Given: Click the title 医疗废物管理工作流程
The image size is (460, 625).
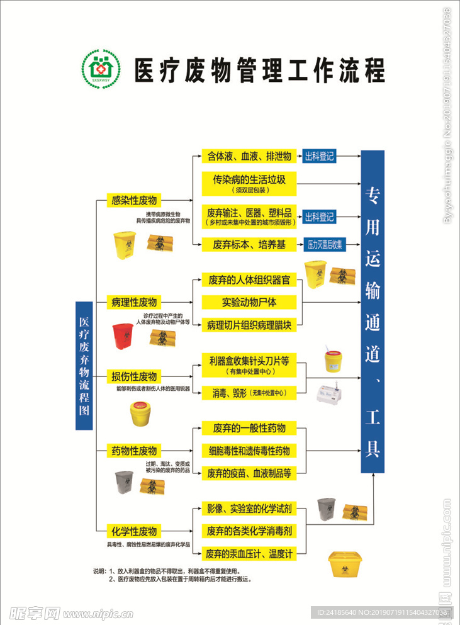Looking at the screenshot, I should [259, 68].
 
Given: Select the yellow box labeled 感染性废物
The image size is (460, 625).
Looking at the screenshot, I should [133, 201].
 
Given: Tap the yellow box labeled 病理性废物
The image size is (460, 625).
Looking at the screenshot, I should [133, 301].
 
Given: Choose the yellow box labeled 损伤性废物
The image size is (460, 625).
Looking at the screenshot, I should [133, 376].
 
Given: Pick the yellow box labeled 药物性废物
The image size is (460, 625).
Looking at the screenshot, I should [133, 451].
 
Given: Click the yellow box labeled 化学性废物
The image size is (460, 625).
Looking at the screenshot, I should [133, 531].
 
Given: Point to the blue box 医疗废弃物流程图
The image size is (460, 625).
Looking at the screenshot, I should [84, 366].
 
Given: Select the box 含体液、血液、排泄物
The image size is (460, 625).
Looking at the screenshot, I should [249, 156].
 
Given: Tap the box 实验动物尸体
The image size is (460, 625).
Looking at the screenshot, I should [249, 302].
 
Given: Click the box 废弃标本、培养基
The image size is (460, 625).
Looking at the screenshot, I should [249, 245].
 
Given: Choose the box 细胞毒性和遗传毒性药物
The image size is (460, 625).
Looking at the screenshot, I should [249, 451].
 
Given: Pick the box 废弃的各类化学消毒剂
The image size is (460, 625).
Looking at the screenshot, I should [249, 531].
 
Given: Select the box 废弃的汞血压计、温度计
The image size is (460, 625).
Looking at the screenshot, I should [249, 554].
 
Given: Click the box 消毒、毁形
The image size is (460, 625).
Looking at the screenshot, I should [249, 393].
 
